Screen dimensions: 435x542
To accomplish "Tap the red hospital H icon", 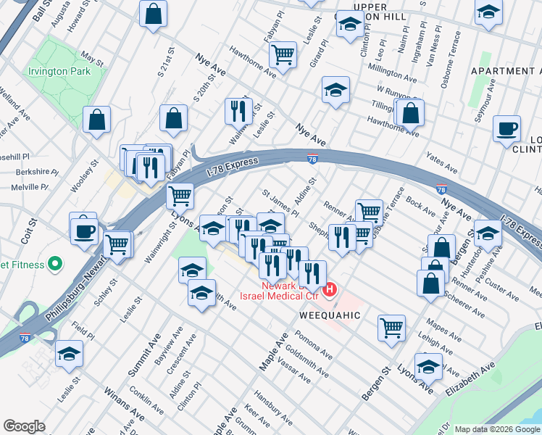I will click(330, 291).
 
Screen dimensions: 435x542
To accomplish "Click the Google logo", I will click(24, 426).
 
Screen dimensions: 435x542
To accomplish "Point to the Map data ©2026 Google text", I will click(497, 429).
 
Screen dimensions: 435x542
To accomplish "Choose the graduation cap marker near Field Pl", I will click(70, 354).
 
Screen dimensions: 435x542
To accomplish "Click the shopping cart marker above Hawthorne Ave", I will click(283, 54).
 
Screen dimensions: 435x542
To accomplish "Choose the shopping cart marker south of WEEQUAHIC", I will click(391, 327).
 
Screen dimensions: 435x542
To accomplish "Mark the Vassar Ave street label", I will click(293, 370).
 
